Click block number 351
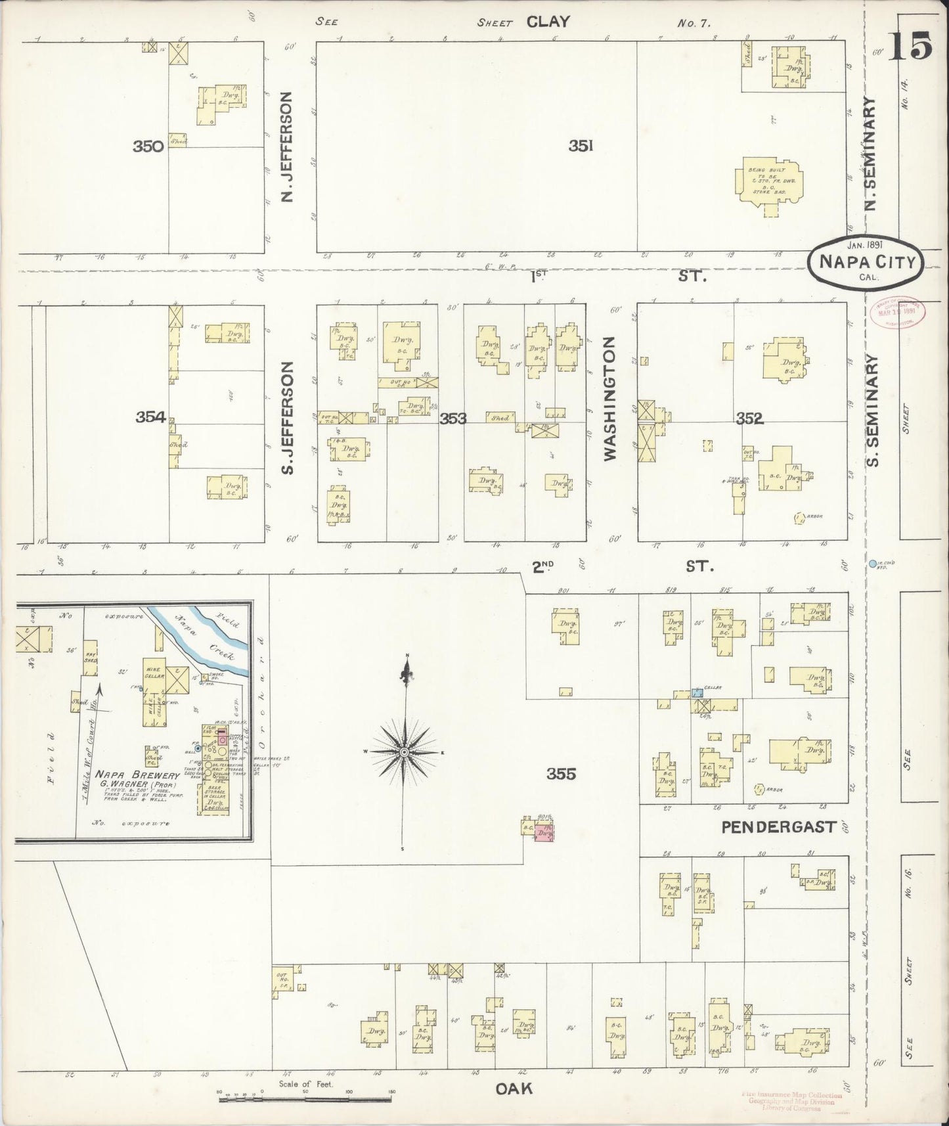[581, 146]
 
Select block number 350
[148, 146]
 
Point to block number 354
[151, 416]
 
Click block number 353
[453, 418]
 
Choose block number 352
[749, 418]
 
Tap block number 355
[562, 774]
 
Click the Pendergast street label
[779, 826]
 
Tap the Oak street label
[513, 1089]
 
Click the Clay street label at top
[547, 22]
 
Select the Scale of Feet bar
[305, 1094]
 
